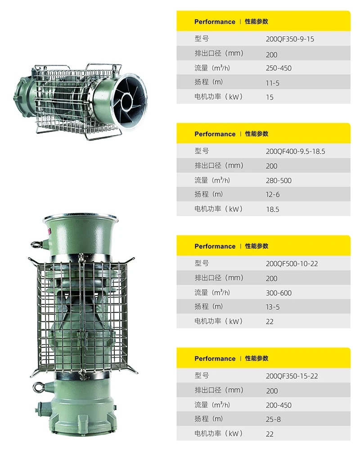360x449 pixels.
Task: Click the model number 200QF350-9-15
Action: (290, 39)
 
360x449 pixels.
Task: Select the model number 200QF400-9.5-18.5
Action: (295, 151)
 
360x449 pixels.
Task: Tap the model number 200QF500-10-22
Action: (292, 263)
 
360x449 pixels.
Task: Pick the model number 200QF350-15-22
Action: (292, 376)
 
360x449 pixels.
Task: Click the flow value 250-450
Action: (279, 68)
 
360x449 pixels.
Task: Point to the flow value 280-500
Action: (279, 181)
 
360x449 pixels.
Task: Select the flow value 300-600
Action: (279, 293)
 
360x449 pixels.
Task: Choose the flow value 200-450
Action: (279, 405)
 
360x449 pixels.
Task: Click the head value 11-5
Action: (272, 83)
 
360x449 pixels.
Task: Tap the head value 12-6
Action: (273, 195)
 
